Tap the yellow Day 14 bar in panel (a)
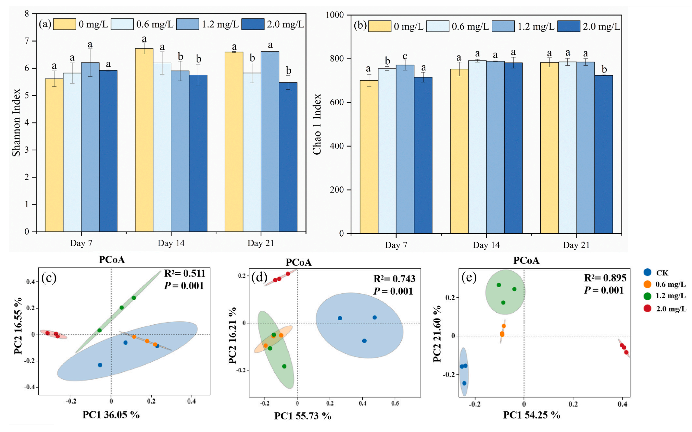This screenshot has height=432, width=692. [144, 140]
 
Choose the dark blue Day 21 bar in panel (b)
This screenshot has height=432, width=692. [604, 154]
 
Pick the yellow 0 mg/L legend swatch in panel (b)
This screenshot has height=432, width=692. [379, 26]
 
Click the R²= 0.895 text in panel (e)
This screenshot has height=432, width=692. [605, 278]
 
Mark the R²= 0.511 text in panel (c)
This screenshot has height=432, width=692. [185, 273]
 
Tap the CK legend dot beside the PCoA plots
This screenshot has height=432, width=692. [647, 272]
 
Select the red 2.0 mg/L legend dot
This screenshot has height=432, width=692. [647, 308]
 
